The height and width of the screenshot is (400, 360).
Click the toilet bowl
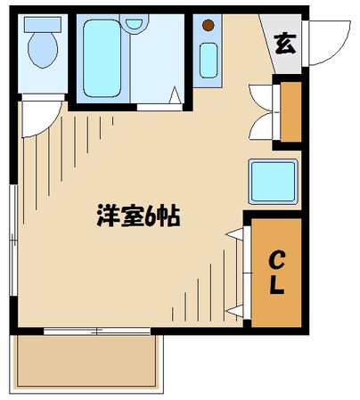(41, 53)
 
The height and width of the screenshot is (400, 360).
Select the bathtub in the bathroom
(104, 58)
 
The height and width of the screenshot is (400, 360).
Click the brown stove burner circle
(209, 26)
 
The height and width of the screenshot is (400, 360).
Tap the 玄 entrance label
(285, 42)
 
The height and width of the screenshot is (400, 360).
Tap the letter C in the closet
(276, 261)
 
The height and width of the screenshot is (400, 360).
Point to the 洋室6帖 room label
(137, 216)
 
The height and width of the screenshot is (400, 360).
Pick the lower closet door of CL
(237, 303)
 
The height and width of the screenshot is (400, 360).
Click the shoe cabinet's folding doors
(261, 111)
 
